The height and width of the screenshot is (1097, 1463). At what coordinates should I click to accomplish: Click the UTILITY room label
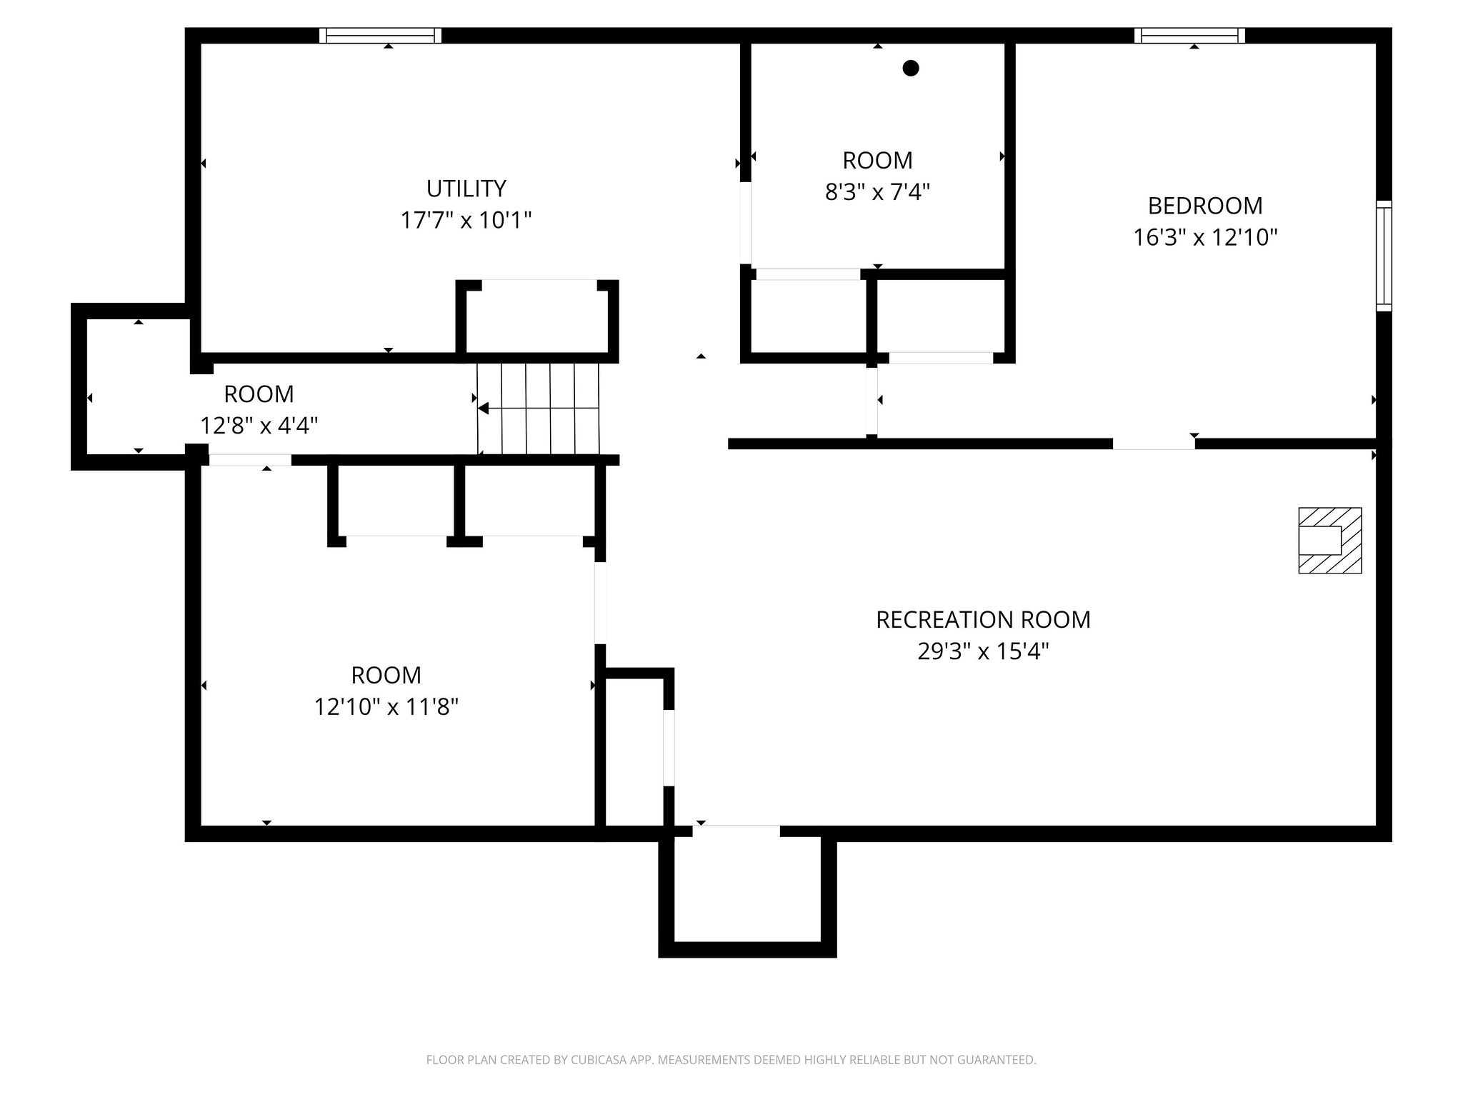(466, 189)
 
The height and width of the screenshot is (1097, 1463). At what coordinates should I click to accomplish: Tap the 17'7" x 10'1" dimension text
(466, 220)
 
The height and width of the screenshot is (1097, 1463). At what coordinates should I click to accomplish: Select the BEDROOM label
(1204, 206)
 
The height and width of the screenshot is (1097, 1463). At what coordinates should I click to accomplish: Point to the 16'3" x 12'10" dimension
(1204, 237)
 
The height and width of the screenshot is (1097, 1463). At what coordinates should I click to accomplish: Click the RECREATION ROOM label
(983, 620)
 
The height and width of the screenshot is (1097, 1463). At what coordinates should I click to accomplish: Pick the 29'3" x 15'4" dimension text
(983, 651)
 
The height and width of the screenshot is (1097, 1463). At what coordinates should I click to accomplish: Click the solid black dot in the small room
(910, 69)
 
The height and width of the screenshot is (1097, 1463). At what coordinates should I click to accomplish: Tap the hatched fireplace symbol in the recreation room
(1329, 541)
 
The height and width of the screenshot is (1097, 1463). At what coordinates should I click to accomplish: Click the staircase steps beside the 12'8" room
(538, 409)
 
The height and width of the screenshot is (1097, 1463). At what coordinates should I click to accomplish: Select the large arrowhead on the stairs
(484, 409)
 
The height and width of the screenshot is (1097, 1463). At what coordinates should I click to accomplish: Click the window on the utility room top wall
(380, 36)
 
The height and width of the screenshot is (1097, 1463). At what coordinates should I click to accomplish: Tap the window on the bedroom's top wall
(1189, 36)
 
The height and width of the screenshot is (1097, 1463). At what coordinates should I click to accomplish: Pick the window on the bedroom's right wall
(1384, 256)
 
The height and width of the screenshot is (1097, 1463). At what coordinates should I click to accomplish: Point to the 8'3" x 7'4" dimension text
(877, 192)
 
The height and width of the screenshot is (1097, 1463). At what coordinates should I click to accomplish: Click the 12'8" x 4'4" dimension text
(259, 426)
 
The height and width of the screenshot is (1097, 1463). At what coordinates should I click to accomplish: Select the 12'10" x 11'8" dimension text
(386, 707)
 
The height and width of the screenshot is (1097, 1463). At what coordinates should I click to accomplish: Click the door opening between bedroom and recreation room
(1154, 444)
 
